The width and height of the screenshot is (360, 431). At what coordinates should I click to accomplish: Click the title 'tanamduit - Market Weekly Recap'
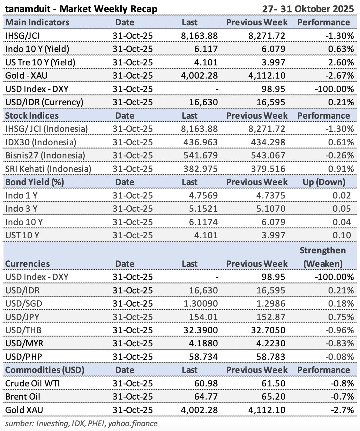(81, 9)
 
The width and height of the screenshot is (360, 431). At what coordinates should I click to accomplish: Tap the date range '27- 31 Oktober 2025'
(308, 9)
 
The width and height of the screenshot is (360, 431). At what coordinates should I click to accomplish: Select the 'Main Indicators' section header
(37, 22)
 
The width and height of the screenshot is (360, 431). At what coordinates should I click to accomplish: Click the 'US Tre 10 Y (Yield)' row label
(40, 62)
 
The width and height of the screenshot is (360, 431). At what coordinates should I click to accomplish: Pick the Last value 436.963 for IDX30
(201, 142)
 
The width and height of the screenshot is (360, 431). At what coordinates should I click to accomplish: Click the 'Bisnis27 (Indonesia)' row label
(45, 156)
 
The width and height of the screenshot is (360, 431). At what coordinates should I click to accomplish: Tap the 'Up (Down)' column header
(324, 182)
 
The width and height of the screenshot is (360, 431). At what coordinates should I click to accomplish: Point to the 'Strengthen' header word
(322, 250)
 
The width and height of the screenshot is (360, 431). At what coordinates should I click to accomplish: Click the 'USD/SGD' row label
(24, 304)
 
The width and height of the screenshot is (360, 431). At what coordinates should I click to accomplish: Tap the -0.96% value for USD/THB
(339, 330)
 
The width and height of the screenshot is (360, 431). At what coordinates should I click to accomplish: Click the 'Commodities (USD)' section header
(45, 370)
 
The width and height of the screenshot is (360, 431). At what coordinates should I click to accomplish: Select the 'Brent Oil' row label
(23, 397)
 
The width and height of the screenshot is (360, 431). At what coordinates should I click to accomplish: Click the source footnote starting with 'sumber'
(81, 424)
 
